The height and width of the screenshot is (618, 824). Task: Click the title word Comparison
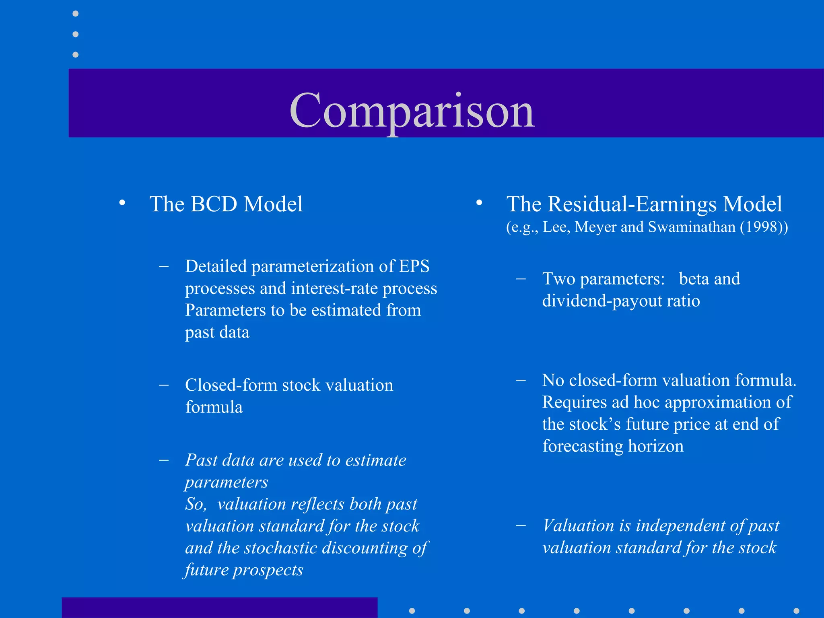412,111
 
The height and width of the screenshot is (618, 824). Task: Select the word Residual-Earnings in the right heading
632,204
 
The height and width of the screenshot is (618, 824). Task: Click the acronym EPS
414,266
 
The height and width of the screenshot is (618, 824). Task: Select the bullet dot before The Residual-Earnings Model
479,203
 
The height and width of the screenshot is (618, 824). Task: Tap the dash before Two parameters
521,279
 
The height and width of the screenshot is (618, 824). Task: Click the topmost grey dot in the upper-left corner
75,14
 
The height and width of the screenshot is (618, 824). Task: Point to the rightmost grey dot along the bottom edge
796,611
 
